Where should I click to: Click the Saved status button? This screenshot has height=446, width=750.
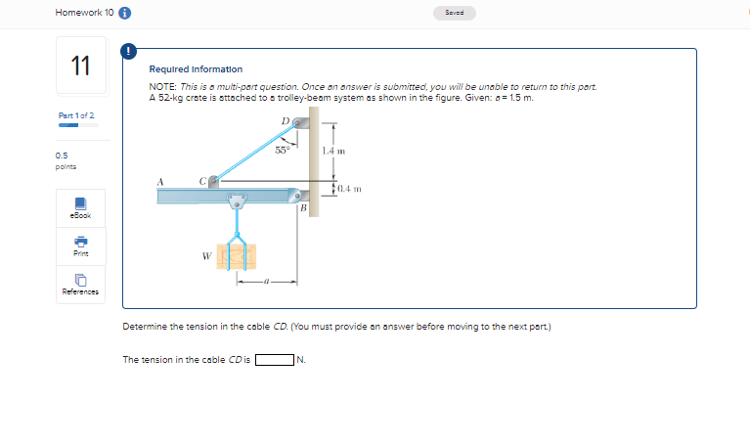point(459,14)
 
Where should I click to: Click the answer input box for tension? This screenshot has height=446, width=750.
point(275,359)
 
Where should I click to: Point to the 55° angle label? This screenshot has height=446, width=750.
point(282,151)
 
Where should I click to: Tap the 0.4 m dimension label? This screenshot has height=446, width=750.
point(349,188)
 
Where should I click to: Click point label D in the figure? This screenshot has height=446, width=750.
point(285,121)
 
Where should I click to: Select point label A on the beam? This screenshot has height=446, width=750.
point(161,179)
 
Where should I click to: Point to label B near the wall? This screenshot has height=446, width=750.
point(304,208)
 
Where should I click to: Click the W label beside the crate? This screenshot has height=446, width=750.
point(206,257)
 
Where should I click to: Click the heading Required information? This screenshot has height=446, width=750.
point(196,69)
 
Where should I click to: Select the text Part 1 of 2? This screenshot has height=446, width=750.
point(75,115)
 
